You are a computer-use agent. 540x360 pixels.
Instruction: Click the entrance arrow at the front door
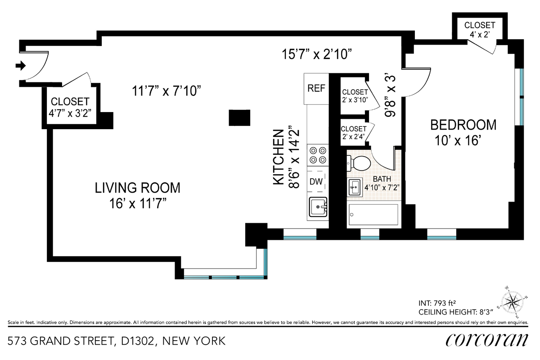coord(21,65)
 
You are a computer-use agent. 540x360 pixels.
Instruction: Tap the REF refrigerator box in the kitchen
coord(316,89)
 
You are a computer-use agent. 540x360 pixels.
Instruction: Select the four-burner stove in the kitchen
coord(318,155)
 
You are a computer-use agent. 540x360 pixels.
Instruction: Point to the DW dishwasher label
coord(316,181)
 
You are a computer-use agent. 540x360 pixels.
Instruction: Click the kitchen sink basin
coord(318,207)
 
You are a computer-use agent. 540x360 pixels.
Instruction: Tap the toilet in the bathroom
coord(359,163)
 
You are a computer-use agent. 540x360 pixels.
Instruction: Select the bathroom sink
coord(355,187)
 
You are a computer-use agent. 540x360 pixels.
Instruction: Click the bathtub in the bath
coord(373,215)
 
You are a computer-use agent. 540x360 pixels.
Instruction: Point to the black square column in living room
coord(239,117)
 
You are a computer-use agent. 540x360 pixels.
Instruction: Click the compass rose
coord(512,301)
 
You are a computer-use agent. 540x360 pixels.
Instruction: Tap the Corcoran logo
coord(487,340)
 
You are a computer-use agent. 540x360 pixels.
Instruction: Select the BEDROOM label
coord(463,125)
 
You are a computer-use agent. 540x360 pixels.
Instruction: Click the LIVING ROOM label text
coord(137,188)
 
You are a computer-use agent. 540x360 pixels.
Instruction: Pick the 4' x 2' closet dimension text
coord(480,35)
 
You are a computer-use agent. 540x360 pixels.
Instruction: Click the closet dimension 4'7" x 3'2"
coord(70,113)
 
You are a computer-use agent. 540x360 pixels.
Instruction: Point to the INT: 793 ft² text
coord(437,303)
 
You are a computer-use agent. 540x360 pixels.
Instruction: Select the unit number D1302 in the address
coord(137,341)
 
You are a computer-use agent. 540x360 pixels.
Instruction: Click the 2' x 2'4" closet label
coord(353,137)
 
